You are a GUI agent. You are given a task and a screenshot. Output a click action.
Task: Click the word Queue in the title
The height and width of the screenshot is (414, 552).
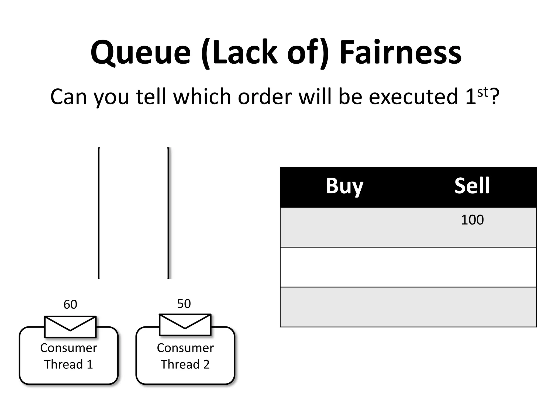click(140, 53)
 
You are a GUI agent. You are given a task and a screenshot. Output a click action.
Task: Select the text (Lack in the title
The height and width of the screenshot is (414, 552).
click(239, 53)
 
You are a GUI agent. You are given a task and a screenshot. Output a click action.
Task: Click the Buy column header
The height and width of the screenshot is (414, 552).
click(344, 186)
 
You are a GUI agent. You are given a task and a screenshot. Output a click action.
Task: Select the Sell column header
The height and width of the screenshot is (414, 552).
click(472, 186)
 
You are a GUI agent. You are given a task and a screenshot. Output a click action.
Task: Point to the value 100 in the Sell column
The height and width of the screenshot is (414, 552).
click(472, 220)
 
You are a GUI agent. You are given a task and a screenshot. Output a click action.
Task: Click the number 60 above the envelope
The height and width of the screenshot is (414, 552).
click(70, 305)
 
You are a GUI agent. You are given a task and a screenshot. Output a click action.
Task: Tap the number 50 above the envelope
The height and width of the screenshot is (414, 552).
click(184, 304)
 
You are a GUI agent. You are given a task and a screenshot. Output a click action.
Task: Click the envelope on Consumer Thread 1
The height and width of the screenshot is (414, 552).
click(70, 327)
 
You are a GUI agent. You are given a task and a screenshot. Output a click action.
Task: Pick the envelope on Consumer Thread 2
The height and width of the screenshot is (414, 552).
click(185, 325)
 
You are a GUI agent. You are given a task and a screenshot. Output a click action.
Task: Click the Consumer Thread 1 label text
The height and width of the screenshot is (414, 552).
click(68, 356)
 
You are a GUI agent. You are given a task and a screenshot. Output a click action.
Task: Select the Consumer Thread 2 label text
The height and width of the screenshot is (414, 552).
click(185, 356)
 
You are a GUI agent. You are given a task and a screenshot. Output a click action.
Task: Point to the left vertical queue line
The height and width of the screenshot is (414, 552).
click(99, 213)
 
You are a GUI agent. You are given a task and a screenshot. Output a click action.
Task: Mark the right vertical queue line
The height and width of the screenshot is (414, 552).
click(168, 213)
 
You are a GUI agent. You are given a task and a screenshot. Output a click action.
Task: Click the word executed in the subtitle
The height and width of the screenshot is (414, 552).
click(413, 97)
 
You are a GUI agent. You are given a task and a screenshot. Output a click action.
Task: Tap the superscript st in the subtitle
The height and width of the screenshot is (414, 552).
click(482, 92)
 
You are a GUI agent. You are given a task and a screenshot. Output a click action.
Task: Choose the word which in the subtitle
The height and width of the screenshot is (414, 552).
click(202, 97)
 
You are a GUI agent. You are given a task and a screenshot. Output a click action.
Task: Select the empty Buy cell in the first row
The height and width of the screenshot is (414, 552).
click(344, 227)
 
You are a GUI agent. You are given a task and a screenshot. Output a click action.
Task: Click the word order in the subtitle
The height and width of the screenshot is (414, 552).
click(265, 97)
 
